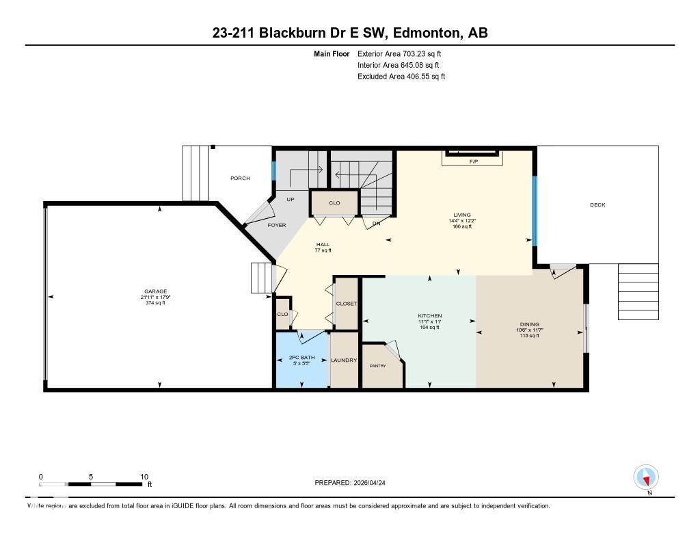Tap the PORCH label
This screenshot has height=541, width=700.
(240, 178)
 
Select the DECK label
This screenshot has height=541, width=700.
(597, 204)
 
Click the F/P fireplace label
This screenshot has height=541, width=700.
(472, 161)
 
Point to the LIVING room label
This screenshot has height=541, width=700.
(461, 215)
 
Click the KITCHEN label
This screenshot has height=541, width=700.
(430, 316)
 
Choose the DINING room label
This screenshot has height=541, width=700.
(529, 324)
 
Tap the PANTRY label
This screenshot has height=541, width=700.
(377, 366)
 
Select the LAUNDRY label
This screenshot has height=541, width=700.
(344, 360)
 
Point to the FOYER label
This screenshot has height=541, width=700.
(276, 225)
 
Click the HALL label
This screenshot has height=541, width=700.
(323, 244)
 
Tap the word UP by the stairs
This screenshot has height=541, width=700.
(290, 199)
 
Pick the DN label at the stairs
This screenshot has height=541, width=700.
(376, 224)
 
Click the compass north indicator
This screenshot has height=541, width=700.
(645, 477)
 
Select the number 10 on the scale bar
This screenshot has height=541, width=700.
(144, 476)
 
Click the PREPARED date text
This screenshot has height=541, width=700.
(354, 483)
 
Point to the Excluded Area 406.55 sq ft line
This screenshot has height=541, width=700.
(401, 77)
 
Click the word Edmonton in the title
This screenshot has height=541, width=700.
(418, 33)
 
